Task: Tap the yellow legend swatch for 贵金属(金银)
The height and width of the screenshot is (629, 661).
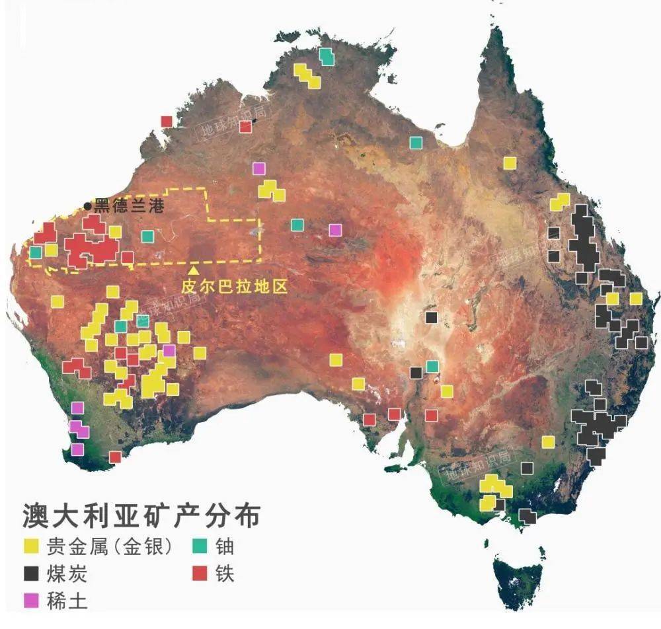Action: point(30,546)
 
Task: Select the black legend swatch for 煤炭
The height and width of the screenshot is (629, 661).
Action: point(30,573)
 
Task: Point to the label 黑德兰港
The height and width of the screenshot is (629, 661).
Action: point(128,206)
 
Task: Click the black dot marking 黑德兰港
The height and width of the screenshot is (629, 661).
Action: point(88,206)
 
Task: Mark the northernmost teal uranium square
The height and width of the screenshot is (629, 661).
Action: point(327,57)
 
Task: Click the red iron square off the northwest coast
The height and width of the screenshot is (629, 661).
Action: point(167,122)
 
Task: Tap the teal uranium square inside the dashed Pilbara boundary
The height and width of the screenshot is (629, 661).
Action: point(147,236)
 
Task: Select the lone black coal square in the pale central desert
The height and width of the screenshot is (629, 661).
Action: point(432,318)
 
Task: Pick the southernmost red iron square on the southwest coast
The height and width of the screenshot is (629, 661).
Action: point(115,457)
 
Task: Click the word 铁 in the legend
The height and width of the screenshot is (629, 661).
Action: point(225,573)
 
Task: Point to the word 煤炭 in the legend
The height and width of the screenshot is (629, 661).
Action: point(67,573)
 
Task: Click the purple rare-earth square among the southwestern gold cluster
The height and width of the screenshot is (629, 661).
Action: point(169,350)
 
